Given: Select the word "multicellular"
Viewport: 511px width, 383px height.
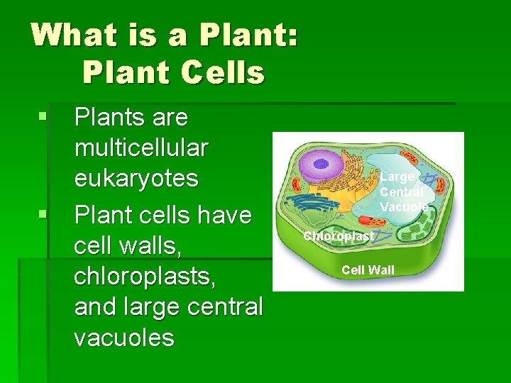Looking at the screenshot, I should [141, 148].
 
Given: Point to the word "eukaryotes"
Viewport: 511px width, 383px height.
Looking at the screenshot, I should [136, 178].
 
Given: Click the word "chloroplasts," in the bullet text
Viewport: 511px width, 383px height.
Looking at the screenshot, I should [145, 276].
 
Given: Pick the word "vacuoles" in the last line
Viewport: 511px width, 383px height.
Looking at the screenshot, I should [123, 338].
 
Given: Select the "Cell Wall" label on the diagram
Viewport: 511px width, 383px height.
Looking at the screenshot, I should [368, 270].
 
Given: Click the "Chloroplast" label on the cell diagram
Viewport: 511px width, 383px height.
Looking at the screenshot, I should [338, 236].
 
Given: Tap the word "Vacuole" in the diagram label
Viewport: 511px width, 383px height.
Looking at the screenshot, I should [403, 207].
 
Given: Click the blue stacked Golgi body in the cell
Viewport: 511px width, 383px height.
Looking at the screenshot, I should [309, 201].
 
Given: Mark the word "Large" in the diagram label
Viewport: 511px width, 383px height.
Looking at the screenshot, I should [397, 177].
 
